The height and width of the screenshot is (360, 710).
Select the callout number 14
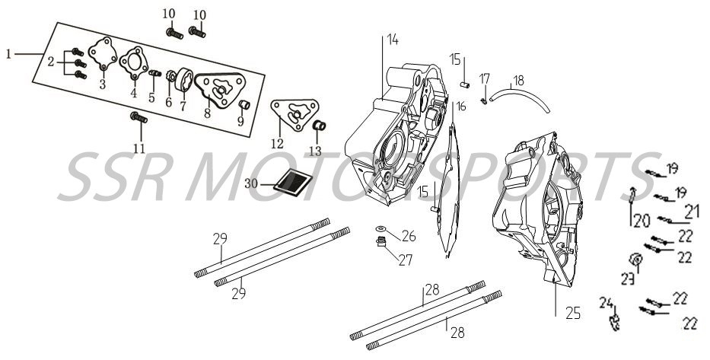click(391, 39)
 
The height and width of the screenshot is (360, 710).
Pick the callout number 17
click(485, 78)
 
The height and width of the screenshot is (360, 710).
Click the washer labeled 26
click(381, 231)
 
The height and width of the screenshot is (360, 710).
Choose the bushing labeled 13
click(320, 125)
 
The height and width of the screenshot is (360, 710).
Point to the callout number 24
click(606, 301)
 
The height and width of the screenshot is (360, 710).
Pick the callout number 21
click(692, 209)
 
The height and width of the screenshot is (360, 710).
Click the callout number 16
click(460, 106)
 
